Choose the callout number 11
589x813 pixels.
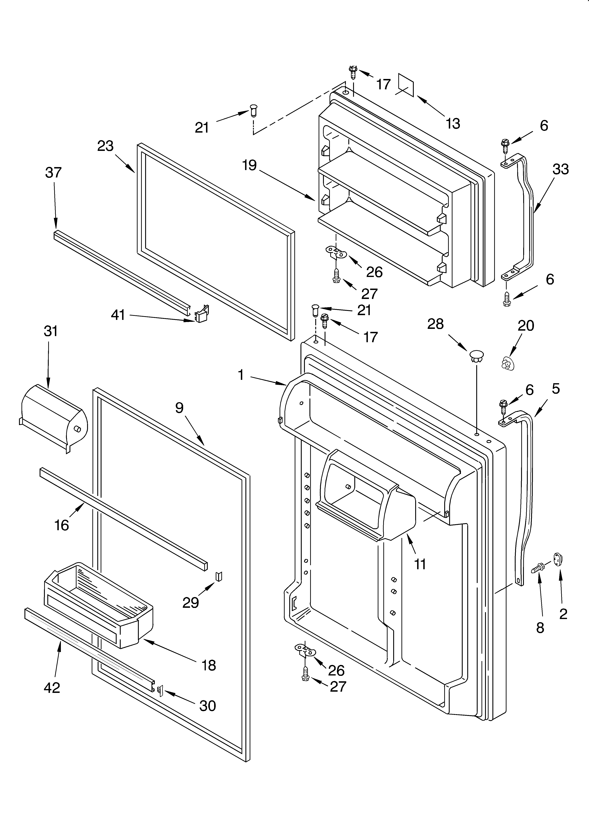tap(420, 564)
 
